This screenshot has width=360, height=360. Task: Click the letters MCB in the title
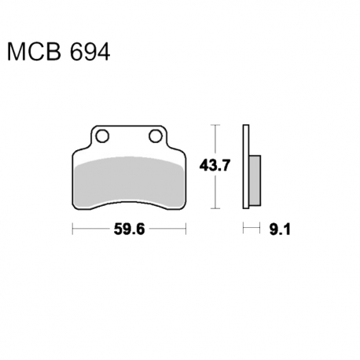(x=34, y=52)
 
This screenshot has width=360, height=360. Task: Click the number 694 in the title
(x=90, y=52)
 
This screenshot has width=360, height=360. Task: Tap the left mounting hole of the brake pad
(x=102, y=136)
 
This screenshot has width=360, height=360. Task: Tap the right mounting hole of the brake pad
(x=156, y=136)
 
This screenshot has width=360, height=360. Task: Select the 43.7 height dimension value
(x=215, y=166)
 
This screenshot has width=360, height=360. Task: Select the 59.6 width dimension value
(x=129, y=230)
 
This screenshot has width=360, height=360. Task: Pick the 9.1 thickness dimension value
(x=280, y=230)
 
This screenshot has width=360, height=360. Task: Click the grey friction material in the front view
(x=129, y=181)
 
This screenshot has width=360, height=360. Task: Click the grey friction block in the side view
(x=255, y=180)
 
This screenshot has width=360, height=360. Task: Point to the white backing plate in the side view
(x=246, y=167)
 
